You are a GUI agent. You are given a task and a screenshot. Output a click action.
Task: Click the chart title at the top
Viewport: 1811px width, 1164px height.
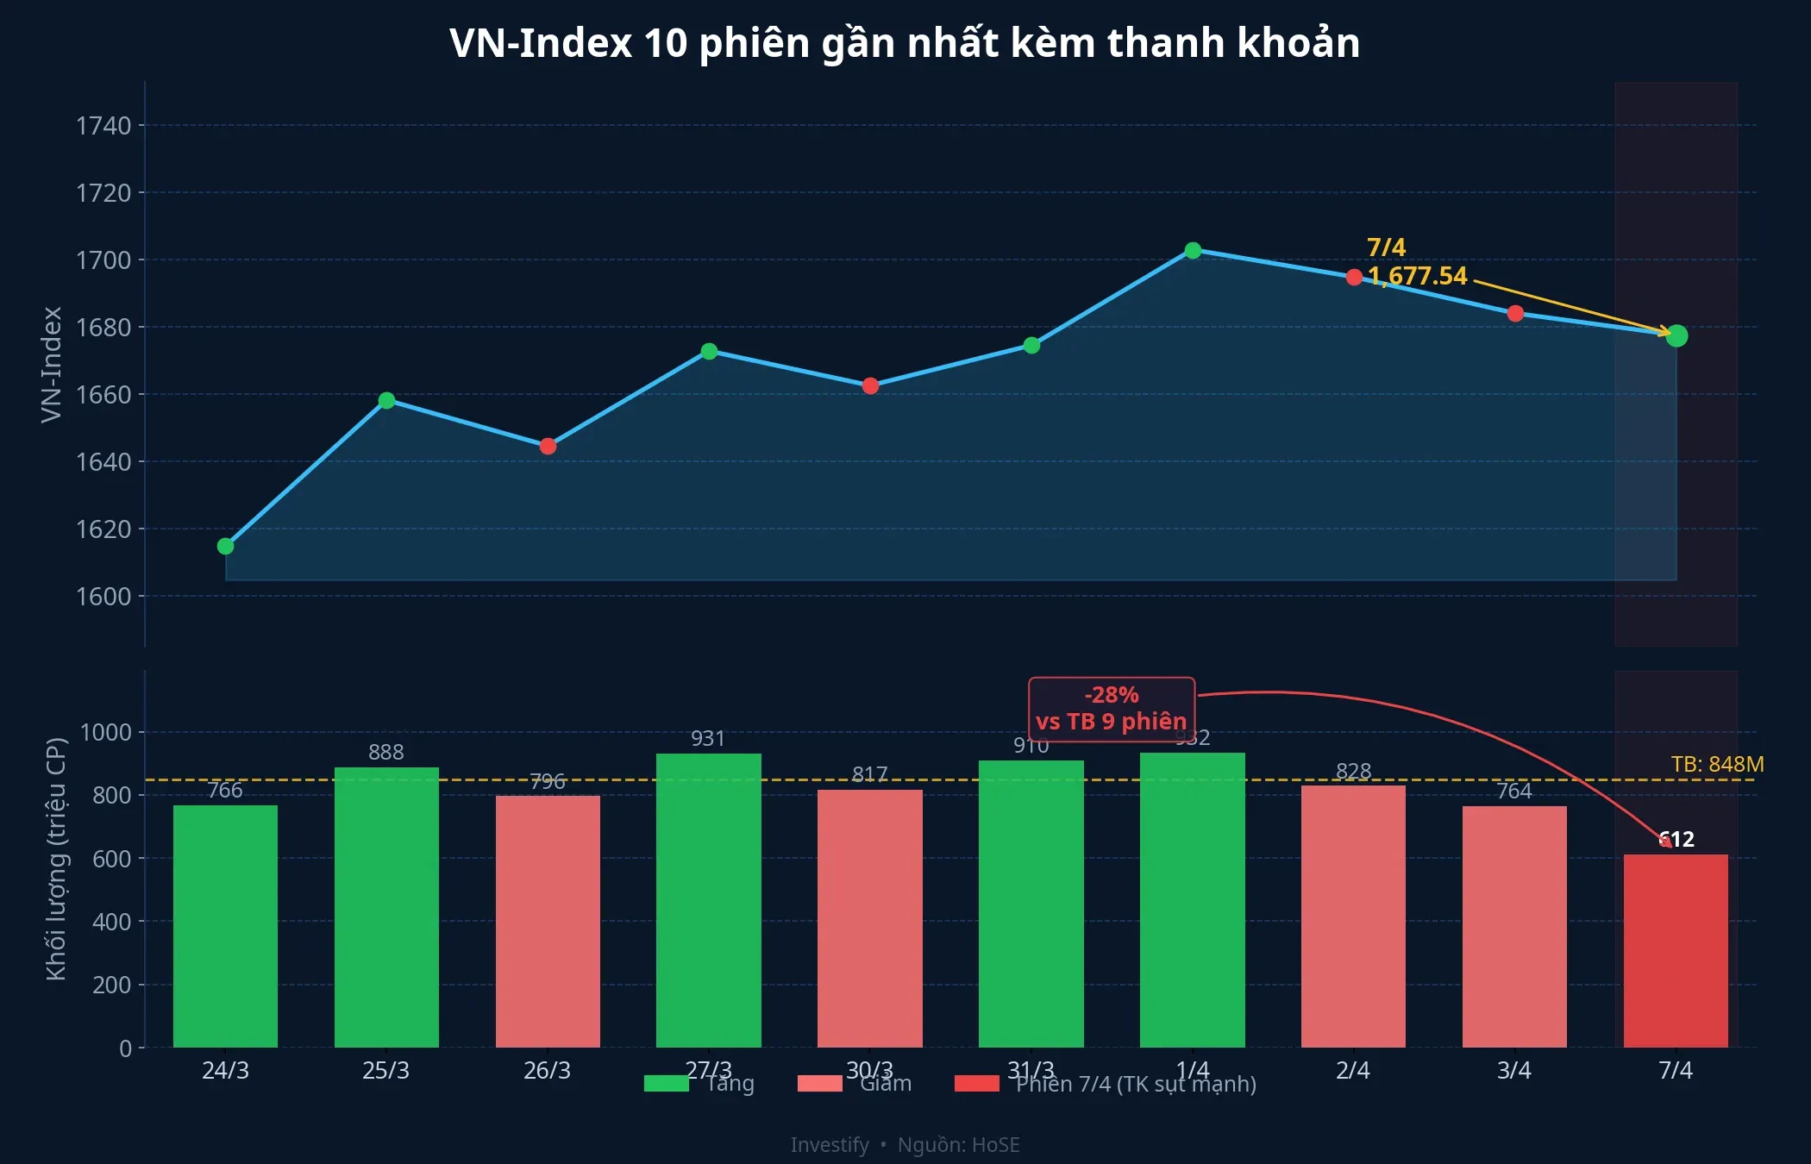click(905, 43)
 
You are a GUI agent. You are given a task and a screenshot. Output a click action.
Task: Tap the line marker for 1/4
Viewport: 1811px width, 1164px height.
click(1193, 251)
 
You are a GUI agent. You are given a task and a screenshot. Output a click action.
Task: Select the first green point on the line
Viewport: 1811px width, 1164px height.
click(226, 546)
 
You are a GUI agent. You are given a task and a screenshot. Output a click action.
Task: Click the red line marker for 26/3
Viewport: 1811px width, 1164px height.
click(548, 446)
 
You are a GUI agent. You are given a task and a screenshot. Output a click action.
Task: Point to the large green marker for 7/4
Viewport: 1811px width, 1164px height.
click(1676, 336)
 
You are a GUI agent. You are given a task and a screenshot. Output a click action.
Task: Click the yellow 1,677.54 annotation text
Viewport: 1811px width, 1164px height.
click(1418, 276)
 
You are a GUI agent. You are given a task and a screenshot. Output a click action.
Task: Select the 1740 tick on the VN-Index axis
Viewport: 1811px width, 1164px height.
click(104, 126)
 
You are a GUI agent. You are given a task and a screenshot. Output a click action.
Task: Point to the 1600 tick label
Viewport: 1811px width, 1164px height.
click(104, 596)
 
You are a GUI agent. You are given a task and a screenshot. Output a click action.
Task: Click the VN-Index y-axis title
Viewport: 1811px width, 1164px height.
click(52, 364)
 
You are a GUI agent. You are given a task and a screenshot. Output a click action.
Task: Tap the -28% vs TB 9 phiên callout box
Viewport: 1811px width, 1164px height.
click(1111, 709)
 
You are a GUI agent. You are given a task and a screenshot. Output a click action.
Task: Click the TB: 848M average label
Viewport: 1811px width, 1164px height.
click(1717, 764)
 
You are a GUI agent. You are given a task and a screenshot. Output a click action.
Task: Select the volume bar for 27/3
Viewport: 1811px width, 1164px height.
click(709, 900)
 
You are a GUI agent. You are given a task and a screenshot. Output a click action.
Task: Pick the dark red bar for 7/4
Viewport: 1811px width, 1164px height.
click(1676, 950)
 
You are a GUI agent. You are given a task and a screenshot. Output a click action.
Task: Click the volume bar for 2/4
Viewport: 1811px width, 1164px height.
click(1353, 916)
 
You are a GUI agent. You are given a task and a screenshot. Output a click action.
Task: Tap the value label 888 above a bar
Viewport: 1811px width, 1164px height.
click(385, 752)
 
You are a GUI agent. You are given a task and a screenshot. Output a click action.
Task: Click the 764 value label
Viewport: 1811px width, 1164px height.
click(1514, 791)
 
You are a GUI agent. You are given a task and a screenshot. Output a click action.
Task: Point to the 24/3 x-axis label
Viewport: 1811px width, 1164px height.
click(225, 1070)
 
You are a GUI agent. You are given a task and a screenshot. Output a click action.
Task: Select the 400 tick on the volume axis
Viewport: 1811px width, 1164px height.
click(112, 922)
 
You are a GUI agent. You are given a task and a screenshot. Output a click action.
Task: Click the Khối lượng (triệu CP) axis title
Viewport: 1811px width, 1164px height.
click(56, 858)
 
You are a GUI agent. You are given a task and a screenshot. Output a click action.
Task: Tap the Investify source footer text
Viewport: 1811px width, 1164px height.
click(905, 1144)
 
